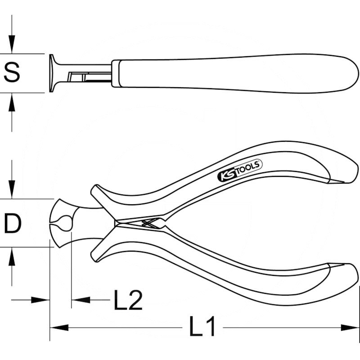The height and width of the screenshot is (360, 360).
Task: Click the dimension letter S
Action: click(x=12, y=72)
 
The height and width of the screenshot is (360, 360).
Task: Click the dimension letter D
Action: click(x=12, y=223)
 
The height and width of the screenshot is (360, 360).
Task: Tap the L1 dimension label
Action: click(x=202, y=327)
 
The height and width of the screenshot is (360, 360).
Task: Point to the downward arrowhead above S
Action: click(x=12, y=45)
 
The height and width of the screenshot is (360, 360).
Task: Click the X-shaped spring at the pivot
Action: click(x=148, y=223)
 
